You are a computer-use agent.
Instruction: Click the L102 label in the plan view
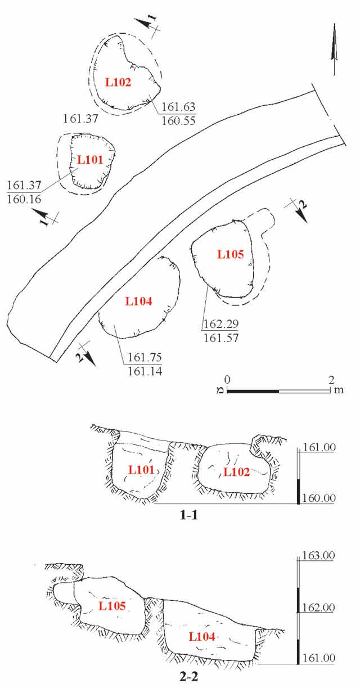click(118, 82)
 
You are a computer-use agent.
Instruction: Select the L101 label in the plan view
click(90, 159)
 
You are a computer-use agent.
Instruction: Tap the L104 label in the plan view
click(139, 301)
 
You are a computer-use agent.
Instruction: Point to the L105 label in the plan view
click(231, 254)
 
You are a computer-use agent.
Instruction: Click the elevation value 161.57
click(219, 338)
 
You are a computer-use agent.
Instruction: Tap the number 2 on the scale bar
click(331, 379)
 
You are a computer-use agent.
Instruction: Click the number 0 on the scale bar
click(227, 379)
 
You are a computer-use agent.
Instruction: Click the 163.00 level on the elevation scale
click(319, 555)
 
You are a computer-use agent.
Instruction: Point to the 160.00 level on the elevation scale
click(319, 498)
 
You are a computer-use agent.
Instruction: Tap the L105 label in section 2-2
click(112, 605)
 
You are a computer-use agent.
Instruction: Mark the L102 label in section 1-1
click(237, 471)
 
